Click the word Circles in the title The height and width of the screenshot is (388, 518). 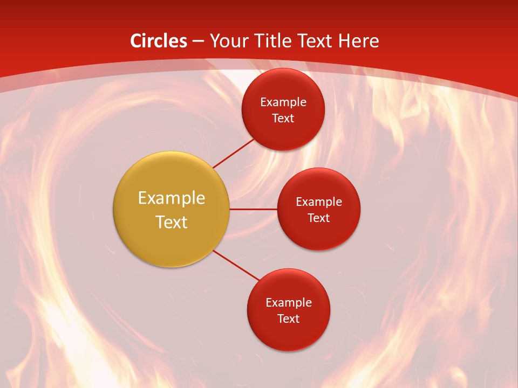tap(159, 41)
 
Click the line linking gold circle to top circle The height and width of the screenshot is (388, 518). tap(234, 153)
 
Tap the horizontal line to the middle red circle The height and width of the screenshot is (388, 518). tap(253, 209)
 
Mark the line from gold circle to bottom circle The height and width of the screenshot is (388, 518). tap(236, 266)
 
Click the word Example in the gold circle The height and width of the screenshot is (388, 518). tap(172, 198)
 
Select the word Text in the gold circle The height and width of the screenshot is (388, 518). tap(172, 222)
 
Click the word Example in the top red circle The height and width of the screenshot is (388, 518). tap(283, 102)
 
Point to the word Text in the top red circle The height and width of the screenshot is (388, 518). tap(283, 118)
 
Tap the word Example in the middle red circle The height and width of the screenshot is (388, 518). tap(319, 202)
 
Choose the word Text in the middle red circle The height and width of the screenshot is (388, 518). tap(319, 218)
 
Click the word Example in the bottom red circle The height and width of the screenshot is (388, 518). tap(289, 302)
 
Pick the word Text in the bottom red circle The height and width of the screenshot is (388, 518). tap(289, 318)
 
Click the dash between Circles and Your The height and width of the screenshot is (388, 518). tap(198, 41)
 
